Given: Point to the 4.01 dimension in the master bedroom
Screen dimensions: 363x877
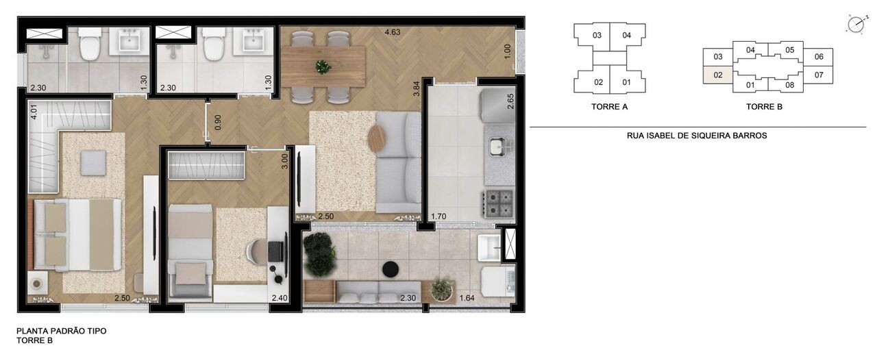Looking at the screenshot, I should point(33,112).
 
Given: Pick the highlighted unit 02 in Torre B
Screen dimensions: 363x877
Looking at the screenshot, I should point(718,75).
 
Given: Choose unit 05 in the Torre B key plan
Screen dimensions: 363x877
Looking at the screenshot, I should point(789,50).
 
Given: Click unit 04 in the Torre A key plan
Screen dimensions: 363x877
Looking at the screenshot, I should point(626,35).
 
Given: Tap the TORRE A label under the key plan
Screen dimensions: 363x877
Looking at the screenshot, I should point(609,107).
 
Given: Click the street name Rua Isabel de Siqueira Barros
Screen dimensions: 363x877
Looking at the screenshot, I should point(697,136).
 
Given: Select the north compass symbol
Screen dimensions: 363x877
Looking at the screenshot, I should point(855,25).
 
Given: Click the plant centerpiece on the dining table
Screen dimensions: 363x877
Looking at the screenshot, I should point(322,66).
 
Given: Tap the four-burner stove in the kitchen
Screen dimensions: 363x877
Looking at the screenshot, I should point(499,202).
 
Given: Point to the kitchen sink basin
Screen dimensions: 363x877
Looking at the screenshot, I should point(497,145).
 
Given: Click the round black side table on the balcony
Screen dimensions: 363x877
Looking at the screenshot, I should point(391,268).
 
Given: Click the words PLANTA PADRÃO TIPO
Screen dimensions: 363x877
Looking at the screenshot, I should point(62,331).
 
